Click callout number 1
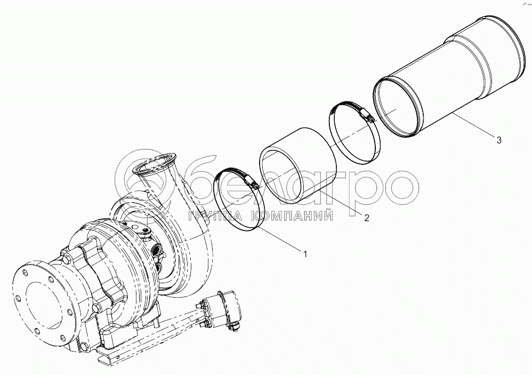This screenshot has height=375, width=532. (x=305, y=254)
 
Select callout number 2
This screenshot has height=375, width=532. (x=366, y=218)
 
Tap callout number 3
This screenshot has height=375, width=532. (x=499, y=140)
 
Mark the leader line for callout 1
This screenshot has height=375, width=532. (x=280, y=240)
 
